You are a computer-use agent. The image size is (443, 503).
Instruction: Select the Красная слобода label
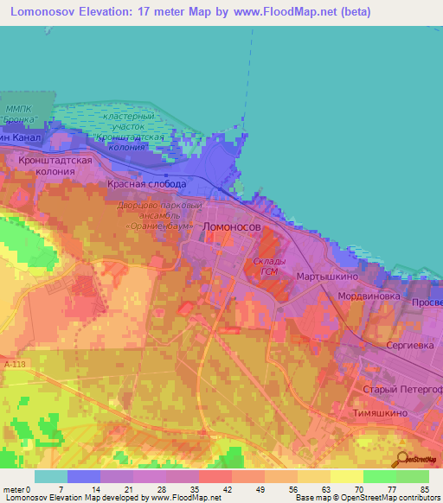(x=146, y=185)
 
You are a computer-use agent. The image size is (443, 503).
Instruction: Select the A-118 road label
(x=14, y=366)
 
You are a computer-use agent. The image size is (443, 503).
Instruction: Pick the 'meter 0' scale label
(x=18, y=489)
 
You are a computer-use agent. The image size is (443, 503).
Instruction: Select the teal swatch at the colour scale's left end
(x=51, y=476)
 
